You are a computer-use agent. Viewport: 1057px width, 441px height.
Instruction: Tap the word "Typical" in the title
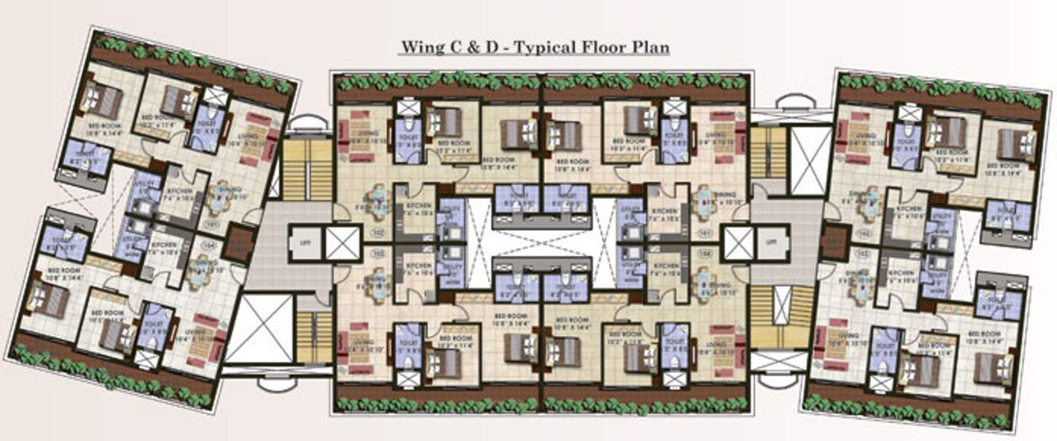pyautogui.click(x=546, y=47)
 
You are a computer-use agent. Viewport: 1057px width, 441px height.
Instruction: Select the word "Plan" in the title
pyautogui.click(x=650, y=47)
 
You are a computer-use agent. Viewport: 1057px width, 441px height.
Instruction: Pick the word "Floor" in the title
pyautogui.click(x=606, y=47)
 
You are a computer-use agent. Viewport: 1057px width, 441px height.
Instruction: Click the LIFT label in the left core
pyautogui.click(x=305, y=243)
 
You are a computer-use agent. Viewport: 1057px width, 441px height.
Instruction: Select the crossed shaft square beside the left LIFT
pyautogui.click(x=343, y=243)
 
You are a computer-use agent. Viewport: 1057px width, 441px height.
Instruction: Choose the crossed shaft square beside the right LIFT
pyautogui.click(x=737, y=243)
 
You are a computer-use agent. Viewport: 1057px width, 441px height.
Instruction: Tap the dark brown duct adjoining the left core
pyautogui.click(x=235, y=245)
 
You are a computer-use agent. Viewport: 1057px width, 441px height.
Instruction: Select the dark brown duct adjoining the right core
pyautogui.click(x=834, y=242)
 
